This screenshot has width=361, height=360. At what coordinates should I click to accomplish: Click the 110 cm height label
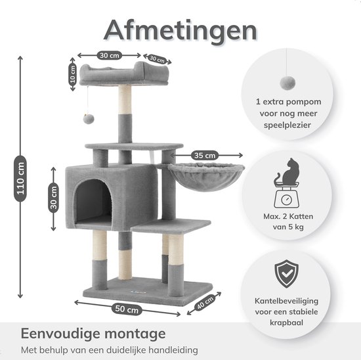click(x=20, y=179)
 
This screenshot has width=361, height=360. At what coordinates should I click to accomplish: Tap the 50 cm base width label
click(x=127, y=309)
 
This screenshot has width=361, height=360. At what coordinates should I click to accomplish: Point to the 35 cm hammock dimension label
click(x=205, y=155)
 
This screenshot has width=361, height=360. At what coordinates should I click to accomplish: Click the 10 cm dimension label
click(x=72, y=74)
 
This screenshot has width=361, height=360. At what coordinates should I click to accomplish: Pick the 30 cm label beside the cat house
click(x=53, y=198)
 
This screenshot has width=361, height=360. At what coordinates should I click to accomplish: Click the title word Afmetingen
click(x=180, y=31)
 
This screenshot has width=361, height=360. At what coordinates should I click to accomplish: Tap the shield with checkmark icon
click(x=286, y=273)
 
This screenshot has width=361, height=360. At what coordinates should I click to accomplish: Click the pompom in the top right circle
click(x=287, y=83)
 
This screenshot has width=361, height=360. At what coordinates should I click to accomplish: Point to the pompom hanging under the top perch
click(x=89, y=118)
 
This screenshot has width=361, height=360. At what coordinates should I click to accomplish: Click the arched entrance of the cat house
click(x=93, y=200)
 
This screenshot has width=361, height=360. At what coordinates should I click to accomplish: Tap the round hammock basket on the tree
click(x=206, y=176)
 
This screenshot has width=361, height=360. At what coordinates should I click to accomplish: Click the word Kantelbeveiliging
click(x=286, y=301)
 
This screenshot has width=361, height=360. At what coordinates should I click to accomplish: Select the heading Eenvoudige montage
click(x=93, y=334)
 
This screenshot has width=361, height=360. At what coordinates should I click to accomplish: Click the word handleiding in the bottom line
click(x=173, y=350)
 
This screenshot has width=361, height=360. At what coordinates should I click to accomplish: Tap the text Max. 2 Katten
click(x=288, y=216)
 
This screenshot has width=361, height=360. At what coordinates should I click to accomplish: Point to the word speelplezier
click(x=287, y=125)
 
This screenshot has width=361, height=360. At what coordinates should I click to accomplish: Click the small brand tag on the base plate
click(x=135, y=292)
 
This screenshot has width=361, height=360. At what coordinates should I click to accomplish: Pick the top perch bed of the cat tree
click(x=124, y=74)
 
